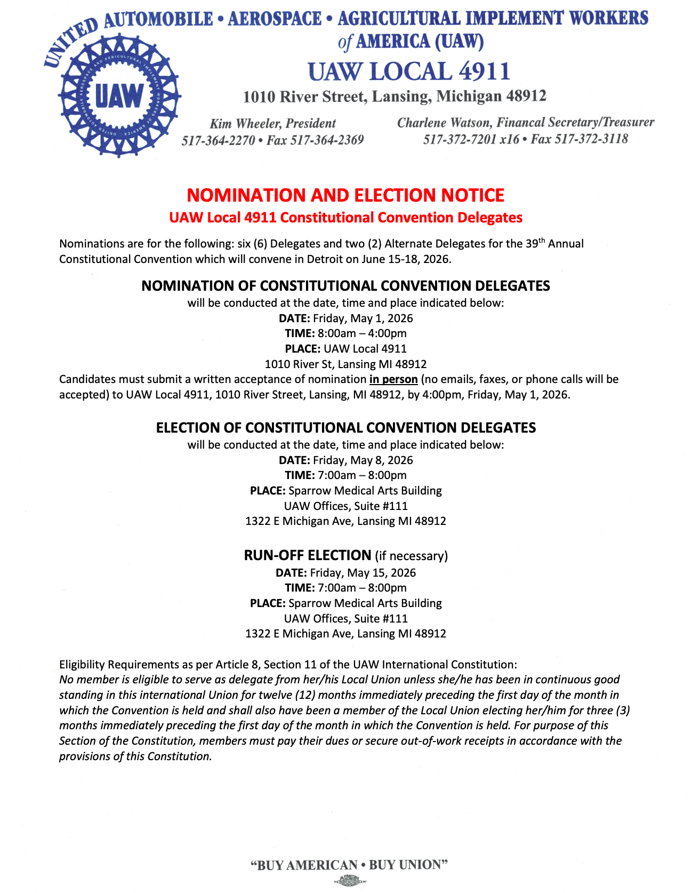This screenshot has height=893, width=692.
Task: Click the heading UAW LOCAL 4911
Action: coord(409,71)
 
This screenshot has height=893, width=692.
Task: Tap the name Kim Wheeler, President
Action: coord(272,124)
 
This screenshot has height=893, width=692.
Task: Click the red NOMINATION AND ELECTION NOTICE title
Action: coord(345,195)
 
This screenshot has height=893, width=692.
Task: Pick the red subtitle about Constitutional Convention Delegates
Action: coord(345,218)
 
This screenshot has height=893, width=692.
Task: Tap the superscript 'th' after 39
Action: coord(542,240)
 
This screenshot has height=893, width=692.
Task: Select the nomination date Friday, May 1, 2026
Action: coord(363,318)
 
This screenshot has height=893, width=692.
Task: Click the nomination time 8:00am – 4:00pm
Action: coord(362,333)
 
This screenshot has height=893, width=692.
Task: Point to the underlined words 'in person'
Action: coord(393,379)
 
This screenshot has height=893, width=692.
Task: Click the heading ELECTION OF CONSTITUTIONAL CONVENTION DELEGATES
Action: coord(345,428)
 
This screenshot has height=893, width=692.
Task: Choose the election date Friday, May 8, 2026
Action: coord(363,460)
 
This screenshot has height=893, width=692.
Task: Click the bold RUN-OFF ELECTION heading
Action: coord(307,555)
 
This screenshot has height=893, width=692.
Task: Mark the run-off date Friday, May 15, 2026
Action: coord(363,573)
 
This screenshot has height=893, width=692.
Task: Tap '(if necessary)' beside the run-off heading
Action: coord(411,556)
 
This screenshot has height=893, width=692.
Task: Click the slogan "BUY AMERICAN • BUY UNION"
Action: coord(349,865)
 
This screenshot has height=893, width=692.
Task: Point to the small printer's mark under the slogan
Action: coord(349,881)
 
